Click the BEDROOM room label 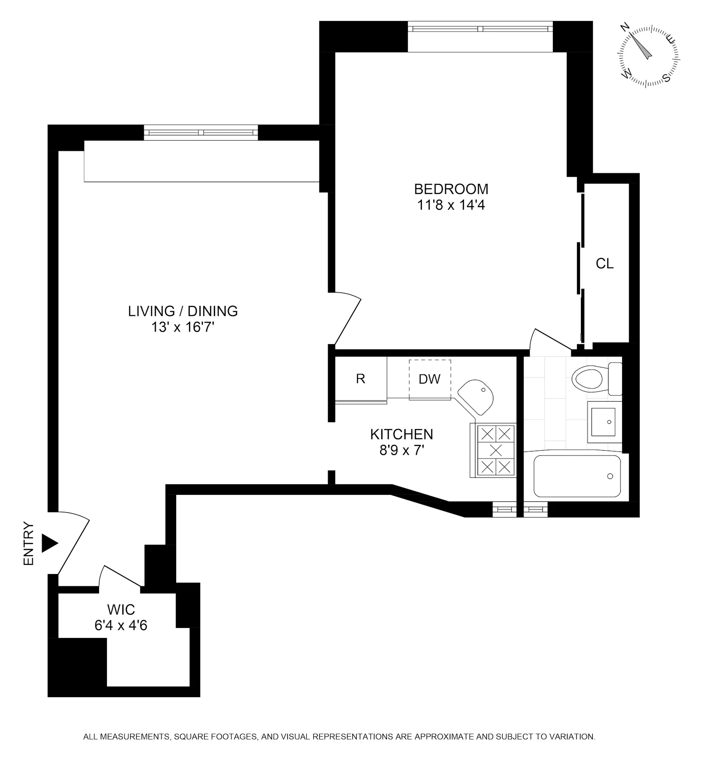click(451, 189)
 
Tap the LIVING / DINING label click(183, 311)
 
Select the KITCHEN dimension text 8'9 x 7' click(402, 450)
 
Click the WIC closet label click(121, 610)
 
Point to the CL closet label click(605, 264)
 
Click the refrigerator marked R click(361, 379)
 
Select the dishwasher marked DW click(429, 379)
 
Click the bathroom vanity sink click(603, 422)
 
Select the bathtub click(577, 476)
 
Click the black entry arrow click(49, 543)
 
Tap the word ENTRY click(28, 543)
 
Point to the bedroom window click(480, 29)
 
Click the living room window click(201, 132)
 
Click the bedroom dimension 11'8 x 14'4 click(451, 205)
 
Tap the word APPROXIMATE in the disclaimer click(444, 737)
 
